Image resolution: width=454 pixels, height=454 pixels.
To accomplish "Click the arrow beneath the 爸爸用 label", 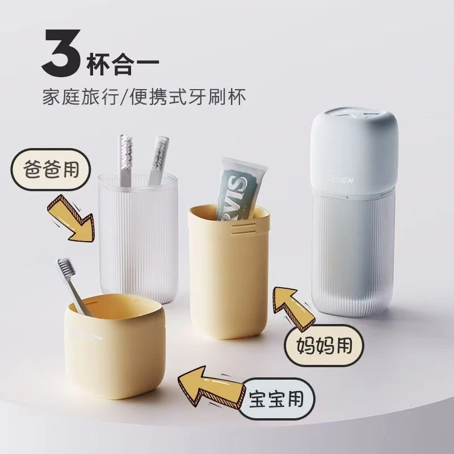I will click(x=70, y=218).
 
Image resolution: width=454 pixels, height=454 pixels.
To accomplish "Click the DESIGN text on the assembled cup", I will click(x=340, y=180).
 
